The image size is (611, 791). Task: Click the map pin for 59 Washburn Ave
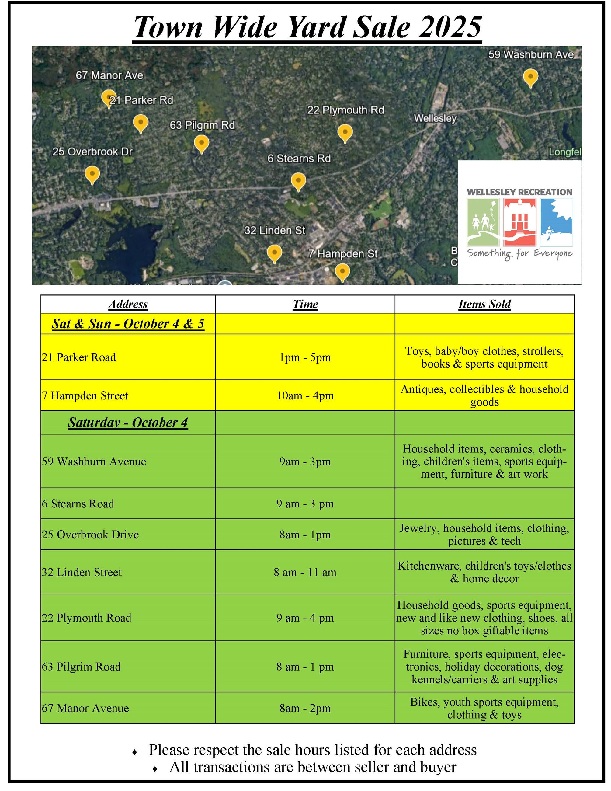[530, 77]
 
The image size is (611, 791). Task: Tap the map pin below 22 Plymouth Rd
[345, 132]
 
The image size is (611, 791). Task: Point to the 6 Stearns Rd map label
[299, 158]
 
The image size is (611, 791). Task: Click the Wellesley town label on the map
[435, 118]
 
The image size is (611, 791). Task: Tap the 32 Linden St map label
[275, 230]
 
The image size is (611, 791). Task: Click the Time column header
[305, 304]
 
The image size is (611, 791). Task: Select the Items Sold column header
[484, 304]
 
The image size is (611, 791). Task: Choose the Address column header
[128, 304]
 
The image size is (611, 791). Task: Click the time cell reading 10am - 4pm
[305, 395]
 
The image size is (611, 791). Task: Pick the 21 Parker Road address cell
[79, 357]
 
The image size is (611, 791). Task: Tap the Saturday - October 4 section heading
[128, 422]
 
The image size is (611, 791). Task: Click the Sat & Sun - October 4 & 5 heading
[128, 323]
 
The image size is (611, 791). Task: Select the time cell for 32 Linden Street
[305, 572]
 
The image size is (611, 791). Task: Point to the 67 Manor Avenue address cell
[85, 708]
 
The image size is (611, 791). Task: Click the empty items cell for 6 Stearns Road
[484, 504]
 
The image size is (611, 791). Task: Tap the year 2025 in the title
[450, 27]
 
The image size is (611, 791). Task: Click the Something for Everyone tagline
[520, 253]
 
